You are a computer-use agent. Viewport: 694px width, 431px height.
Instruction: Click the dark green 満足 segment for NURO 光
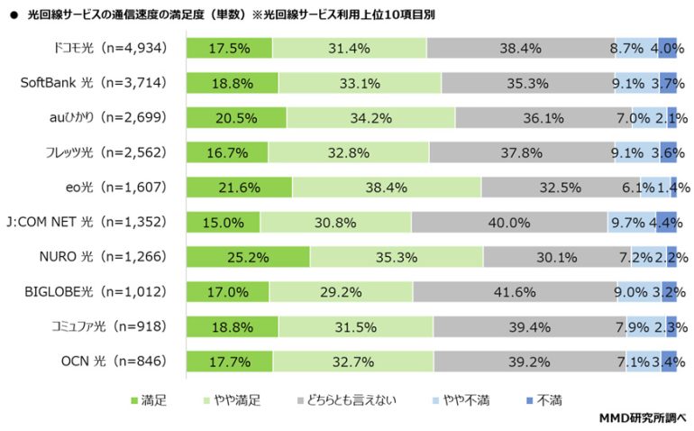[x=248, y=257]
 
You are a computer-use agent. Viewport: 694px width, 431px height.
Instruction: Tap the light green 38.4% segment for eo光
[x=387, y=188]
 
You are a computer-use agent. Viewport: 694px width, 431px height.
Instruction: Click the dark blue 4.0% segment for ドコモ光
[x=667, y=48]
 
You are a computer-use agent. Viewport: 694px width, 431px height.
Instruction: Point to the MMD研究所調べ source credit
[x=643, y=417]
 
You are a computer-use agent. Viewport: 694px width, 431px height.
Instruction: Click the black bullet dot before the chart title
[x=13, y=15]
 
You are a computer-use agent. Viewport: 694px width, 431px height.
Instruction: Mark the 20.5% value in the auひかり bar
[x=236, y=117]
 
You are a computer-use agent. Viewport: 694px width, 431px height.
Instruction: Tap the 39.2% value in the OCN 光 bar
[x=530, y=362]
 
